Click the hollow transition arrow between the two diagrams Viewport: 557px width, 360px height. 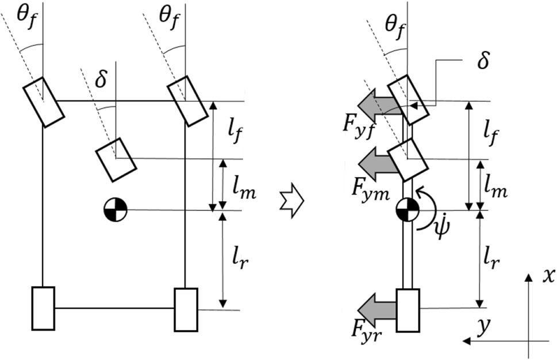[x=291, y=201]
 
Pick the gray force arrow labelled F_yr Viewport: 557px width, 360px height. [x=377, y=310]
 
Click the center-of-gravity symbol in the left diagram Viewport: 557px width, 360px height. [x=115, y=210]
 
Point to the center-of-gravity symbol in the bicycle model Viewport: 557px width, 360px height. [x=408, y=210]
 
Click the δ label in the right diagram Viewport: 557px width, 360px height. [x=483, y=60]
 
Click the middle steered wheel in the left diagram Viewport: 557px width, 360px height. [x=116, y=160]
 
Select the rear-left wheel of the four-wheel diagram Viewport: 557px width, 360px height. [x=43, y=308]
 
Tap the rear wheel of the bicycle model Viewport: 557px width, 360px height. [x=408, y=310]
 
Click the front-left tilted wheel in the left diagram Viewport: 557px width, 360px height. [x=44, y=102]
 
